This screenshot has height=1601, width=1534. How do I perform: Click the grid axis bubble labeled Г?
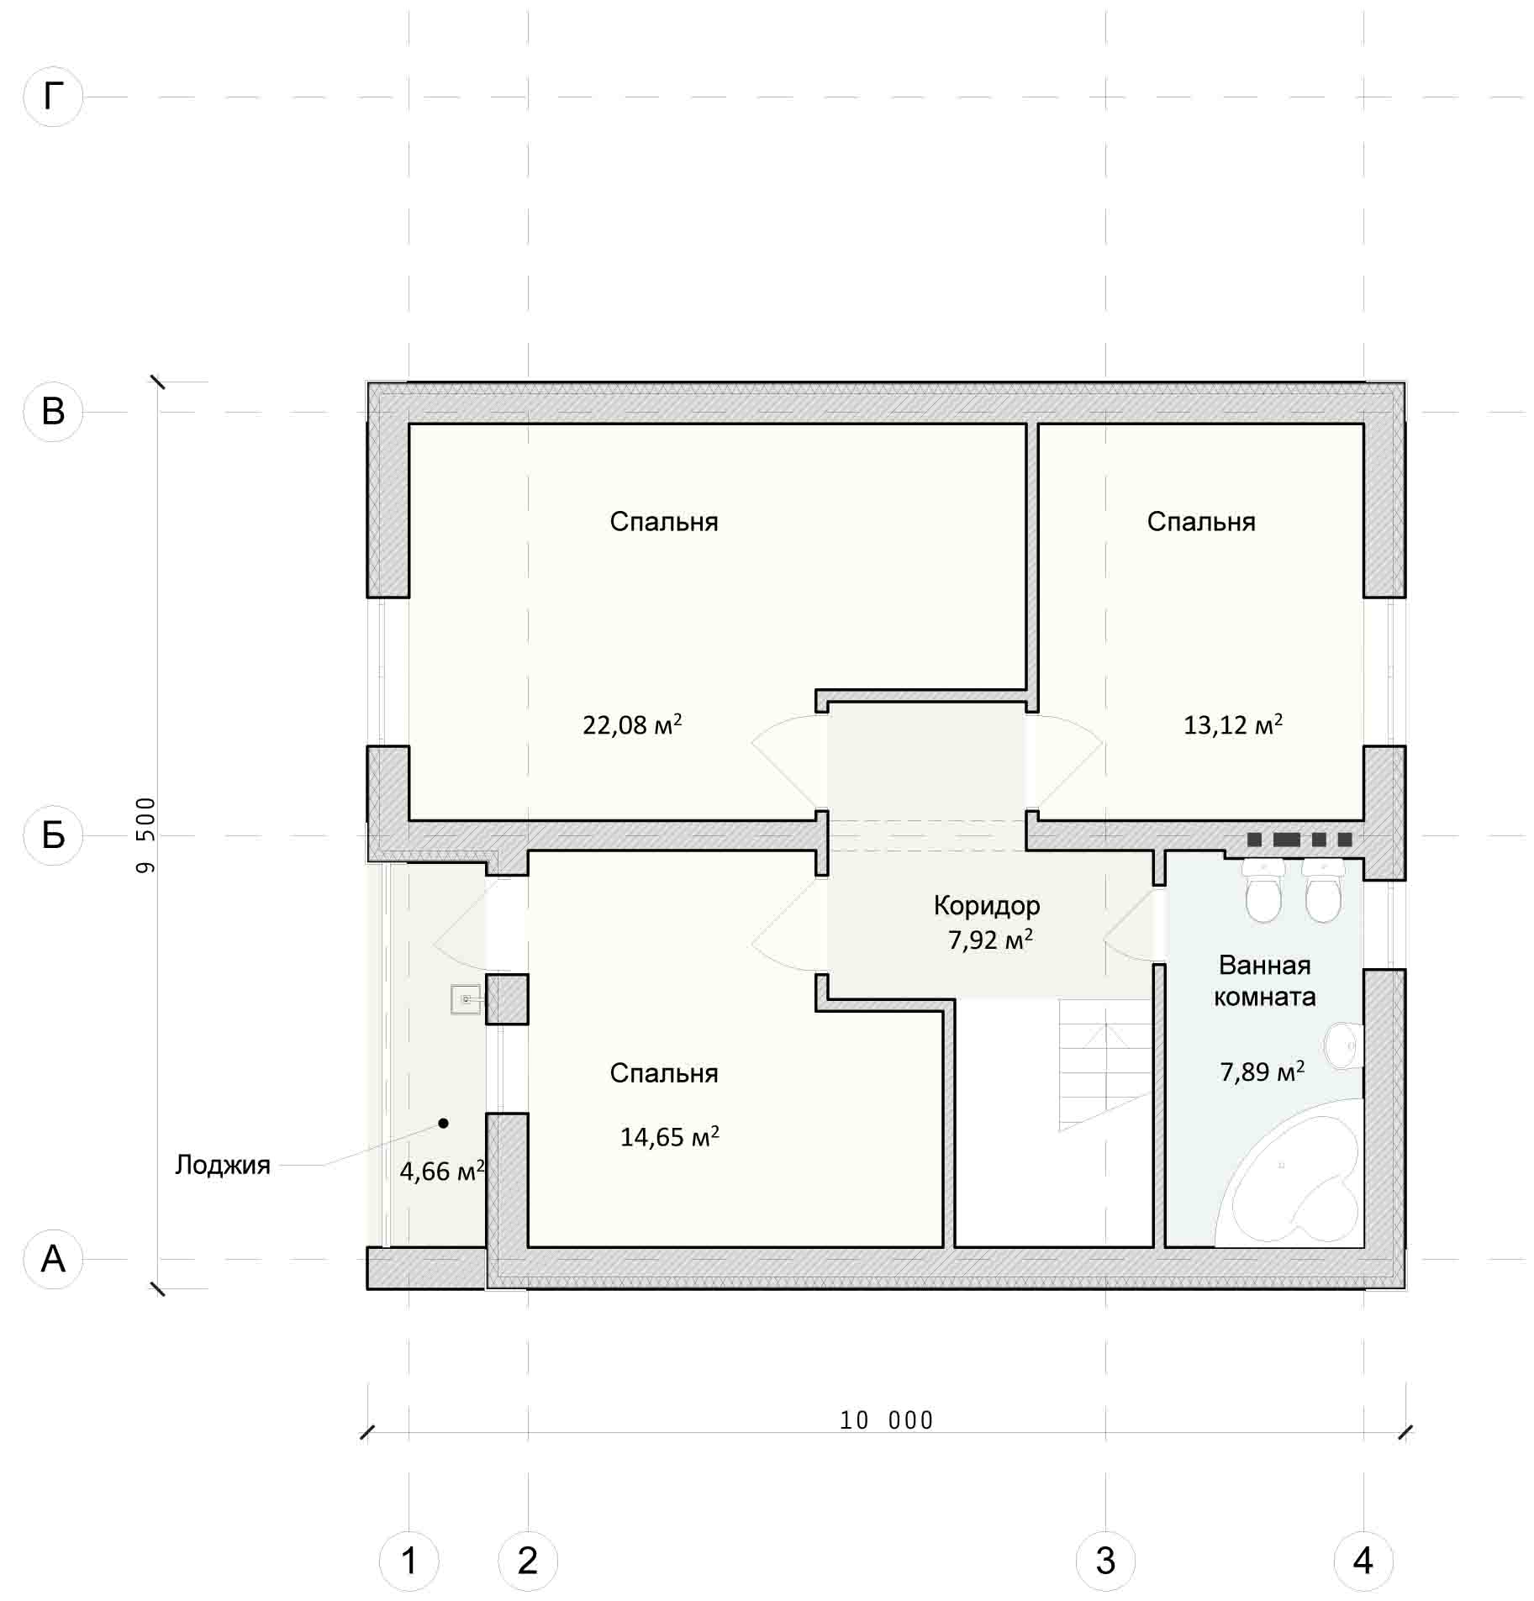pyautogui.click(x=53, y=97)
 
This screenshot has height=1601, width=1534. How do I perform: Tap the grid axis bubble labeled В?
pyautogui.click(x=53, y=412)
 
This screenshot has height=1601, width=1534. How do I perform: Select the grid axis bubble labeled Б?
pyautogui.click(x=53, y=835)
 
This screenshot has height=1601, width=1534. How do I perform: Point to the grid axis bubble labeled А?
pyautogui.click(x=53, y=1259)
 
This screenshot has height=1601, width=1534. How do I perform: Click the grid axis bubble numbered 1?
pyautogui.click(x=409, y=1561)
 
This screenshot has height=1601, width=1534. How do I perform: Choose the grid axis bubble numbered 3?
pyautogui.click(x=1105, y=1561)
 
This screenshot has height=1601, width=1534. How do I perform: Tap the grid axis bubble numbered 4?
pyautogui.click(x=1363, y=1561)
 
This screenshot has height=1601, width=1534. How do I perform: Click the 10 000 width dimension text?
pyautogui.click(x=887, y=1421)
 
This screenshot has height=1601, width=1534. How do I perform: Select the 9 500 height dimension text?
pyautogui.click(x=146, y=835)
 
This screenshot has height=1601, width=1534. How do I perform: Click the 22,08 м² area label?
pyautogui.click(x=632, y=724)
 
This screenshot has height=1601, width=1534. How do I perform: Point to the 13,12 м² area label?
pyautogui.click(x=1233, y=724)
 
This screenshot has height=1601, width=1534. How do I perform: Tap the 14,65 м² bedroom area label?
pyautogui.click(x=670, y=1136)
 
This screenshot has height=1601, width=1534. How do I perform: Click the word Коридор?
pyautogui.click(x=987, y=905)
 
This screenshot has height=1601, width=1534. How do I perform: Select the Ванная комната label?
pyautogui.click(x=1264, y=981)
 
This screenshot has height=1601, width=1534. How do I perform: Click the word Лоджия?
pyautogui.click(x=223, y=1165)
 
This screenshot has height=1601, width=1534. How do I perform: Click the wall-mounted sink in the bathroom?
pyautogui.click(x=1345, y=1046)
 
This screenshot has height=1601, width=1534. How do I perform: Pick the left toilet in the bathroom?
pyautogui.click(x=1263, y=889)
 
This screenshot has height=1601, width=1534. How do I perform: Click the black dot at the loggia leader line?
pyautogui.click(x=443, y=1123)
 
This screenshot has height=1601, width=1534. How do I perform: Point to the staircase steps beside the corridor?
pyautogui.click(x=1104, y=1064)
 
